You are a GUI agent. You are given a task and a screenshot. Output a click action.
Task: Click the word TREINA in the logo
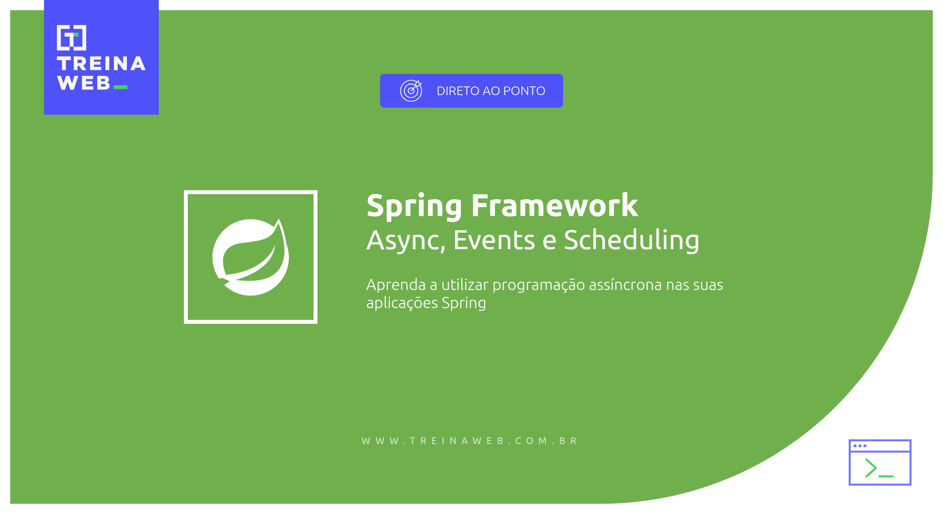pyautogui.click(x=101, y=64)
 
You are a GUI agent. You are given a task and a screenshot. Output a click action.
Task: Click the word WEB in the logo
pyautogui.click(x=84, y=83)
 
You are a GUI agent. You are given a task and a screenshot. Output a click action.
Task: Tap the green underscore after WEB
pyautogui.click(x=120, y=87)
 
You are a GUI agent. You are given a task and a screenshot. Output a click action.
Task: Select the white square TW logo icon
pyautogui.click(x=72, y=38)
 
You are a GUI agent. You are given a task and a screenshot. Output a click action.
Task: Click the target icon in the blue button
pyautogui.click(x=411, y=91)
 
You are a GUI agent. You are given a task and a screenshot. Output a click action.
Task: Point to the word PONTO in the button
pyautogui.click(x=524, y=91)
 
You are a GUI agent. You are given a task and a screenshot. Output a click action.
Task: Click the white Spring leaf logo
pyautogui.click(x=251, y=257)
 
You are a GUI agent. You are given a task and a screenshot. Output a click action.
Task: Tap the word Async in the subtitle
pyautogui.click(x=405, y=240)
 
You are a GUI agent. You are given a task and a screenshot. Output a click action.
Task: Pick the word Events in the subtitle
pyautogui.click(x=494, y=240)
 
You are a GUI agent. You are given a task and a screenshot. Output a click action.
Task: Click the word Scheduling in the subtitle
pyautogui.click(x=631, y=240)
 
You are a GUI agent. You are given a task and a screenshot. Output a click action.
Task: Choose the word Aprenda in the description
pyautogui.click(x=396, y=285)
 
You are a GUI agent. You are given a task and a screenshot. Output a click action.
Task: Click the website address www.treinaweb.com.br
pyautogui.click(x=470, y=441)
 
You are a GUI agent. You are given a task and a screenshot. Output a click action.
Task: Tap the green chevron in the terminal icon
pyautogui.click(x=871, y=468)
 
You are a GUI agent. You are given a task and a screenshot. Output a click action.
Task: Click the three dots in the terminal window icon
pyautogui.click(x=860, y=446)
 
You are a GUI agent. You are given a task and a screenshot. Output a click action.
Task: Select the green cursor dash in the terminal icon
pyautogui.click(x=886, y=476)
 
